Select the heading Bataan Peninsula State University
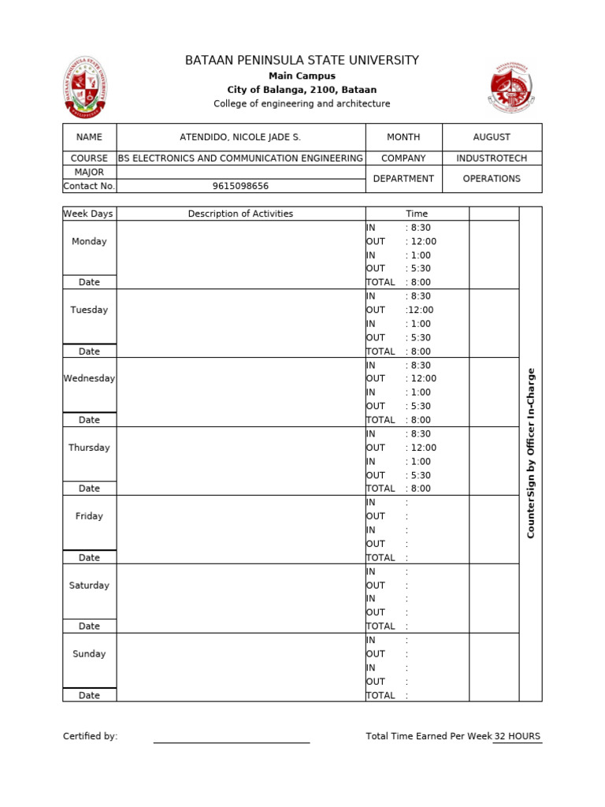coord(302,60)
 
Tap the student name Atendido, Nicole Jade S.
coord(240,137)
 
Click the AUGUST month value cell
coord(492,137)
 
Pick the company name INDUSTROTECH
coord(492,158)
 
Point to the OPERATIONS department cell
coord(492,179)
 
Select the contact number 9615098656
coord(240,186)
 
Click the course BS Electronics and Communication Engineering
coord(240,158)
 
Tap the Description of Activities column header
coord(240,214)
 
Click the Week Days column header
coord(88,214)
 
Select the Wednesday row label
coord(89,378)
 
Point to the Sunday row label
coord(89,654)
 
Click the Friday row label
coord(89,516)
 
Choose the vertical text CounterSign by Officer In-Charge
coord(530,453)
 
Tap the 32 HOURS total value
coord(518,736)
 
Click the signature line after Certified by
coord(231,741)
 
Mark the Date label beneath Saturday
coord(89,627)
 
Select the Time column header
coord(417,214)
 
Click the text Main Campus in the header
coord(302,76)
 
